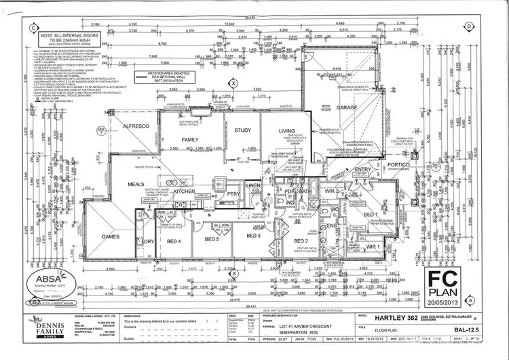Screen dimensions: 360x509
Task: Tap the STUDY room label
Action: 242,130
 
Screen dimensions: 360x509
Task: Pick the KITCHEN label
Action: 185,192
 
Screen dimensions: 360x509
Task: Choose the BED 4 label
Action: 174,241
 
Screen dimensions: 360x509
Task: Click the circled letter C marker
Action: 33,28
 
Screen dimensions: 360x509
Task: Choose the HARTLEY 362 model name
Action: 397,318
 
